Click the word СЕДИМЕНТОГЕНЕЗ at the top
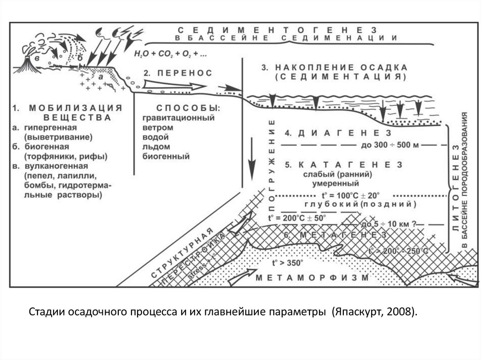pos(278,29)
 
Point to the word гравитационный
pos(178,118)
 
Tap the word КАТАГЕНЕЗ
pos(343,164)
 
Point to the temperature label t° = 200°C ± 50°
pos(296,218)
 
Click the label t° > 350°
pos(288,263)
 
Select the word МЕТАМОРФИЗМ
pos(313,277)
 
